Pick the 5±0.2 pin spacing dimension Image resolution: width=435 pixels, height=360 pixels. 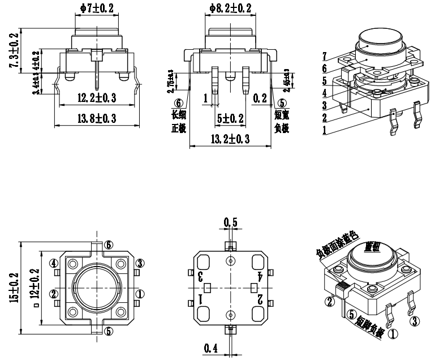click(x=230, y=119)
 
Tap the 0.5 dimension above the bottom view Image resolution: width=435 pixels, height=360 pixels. click(x=230, y=222)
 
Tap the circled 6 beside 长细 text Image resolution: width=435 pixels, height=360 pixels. click(x=179, y=104)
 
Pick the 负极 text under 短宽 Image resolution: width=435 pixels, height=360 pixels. click(x=281, y=128)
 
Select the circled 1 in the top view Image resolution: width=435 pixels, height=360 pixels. click(x=140, y=293)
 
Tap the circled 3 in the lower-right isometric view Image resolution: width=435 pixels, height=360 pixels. click(x=416, y=322)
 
